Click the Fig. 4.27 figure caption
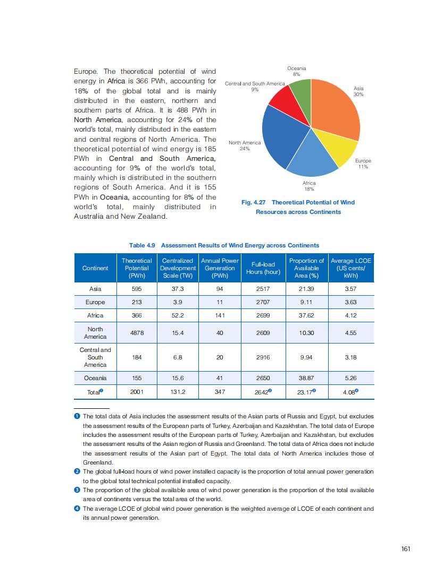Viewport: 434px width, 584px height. coord(298,207)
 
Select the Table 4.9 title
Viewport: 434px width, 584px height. coord(224,245)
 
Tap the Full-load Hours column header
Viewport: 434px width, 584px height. coord(261,268)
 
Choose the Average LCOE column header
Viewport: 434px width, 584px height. coord(351,268)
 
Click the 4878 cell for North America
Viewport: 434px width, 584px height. coord(137,333)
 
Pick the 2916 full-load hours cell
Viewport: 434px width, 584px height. coord(263,357)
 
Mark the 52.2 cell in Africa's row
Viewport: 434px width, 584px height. coord(178,315)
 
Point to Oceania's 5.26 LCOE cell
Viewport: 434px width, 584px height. coord(350,378)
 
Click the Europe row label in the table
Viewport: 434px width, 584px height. coord(95,302)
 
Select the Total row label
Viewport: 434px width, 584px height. coord(94,392)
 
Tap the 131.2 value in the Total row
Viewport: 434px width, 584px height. coord(178,392)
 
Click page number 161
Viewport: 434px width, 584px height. coord(405,549)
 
